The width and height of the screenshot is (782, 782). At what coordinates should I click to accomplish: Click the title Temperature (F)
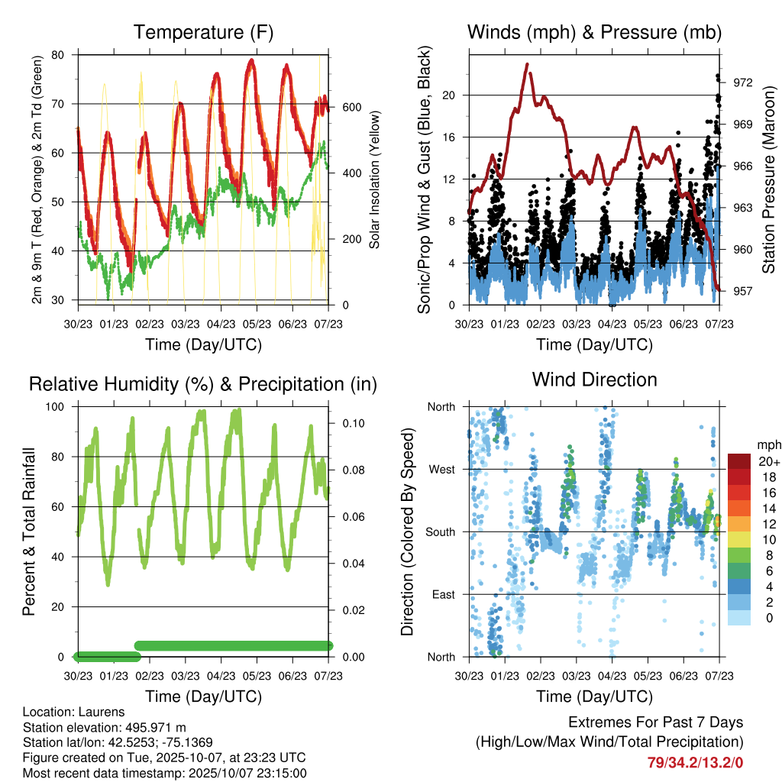[x=203, y=32]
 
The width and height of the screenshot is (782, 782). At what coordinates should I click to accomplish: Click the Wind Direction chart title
[x=594, y=379]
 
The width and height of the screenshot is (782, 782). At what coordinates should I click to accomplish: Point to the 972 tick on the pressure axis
[x=742, y=82]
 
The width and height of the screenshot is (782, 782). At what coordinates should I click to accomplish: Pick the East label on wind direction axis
[x=442, y=594]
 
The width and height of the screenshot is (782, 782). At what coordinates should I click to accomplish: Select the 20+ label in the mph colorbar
[x=768, y=461]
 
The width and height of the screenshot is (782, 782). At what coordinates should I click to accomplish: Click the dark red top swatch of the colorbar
[x=739, y=461]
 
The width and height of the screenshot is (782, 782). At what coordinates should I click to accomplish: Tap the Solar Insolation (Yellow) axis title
[x=375, y=180]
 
